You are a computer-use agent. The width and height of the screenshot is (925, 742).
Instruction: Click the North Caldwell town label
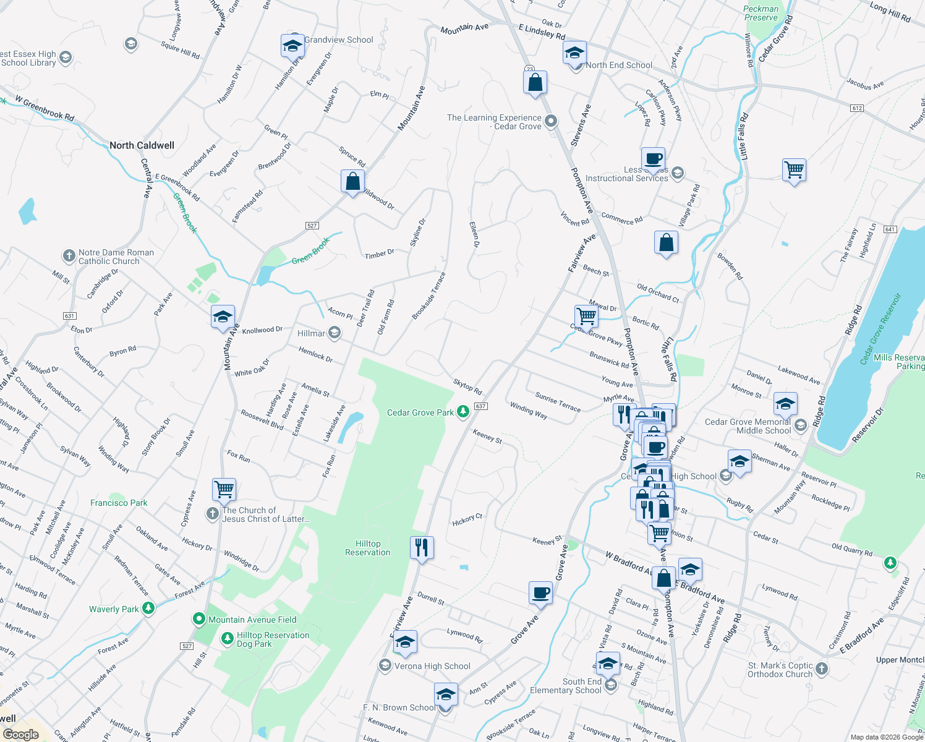coord(142,145)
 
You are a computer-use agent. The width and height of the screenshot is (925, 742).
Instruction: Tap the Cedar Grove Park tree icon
coord(462,412)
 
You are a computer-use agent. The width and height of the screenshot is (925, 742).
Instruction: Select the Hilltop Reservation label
coord(368,548)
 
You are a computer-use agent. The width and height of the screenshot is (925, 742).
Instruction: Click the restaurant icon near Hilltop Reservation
coord(422,548)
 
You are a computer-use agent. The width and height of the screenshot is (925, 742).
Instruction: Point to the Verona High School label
coord(432,666)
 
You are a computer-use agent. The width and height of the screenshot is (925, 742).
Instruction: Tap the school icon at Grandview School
coord(292,46)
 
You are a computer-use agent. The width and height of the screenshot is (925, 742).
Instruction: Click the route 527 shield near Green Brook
coord(312,226)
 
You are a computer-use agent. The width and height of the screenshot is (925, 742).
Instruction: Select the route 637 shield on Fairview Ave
coord(481,406)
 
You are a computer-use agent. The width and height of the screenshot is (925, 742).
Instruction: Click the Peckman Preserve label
coord(761,13)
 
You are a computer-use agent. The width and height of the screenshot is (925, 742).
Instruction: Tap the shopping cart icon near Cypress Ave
coord(224,489)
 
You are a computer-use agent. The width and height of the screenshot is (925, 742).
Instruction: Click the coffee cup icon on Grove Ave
coord(541,592)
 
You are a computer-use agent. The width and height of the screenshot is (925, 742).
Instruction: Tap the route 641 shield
coord(890,229)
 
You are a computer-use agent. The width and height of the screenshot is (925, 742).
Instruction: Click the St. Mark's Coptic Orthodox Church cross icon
coord(822,669)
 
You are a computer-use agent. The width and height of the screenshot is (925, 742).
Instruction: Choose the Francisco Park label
coord(119,503)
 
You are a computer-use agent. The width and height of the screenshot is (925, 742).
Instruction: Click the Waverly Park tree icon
coord(148,608)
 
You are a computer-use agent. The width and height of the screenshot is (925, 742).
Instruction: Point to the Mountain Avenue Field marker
coord(199,619)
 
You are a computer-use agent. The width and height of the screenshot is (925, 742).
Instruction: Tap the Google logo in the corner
coord(20,734)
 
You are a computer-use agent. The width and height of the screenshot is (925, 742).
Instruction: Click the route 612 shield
coord(856,108)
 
